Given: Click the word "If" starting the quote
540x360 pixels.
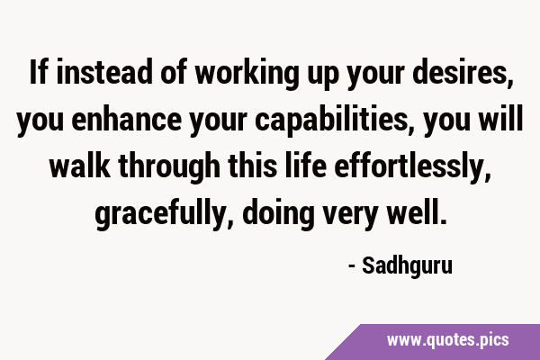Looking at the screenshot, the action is pos(38,72).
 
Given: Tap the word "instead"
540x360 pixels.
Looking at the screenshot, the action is pos(104,72).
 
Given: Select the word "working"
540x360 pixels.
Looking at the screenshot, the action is pos(247,74).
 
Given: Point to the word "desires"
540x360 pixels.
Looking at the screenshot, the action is pos(459,72).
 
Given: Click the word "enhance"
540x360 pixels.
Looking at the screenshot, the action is pos(126,119).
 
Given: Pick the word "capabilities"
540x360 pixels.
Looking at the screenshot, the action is pos(330,121).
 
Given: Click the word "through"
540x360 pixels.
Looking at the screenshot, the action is pos(169,167).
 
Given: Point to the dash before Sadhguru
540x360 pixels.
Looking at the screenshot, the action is pos(352,266).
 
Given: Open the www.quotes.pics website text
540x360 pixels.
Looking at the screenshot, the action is pos(447,340).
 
